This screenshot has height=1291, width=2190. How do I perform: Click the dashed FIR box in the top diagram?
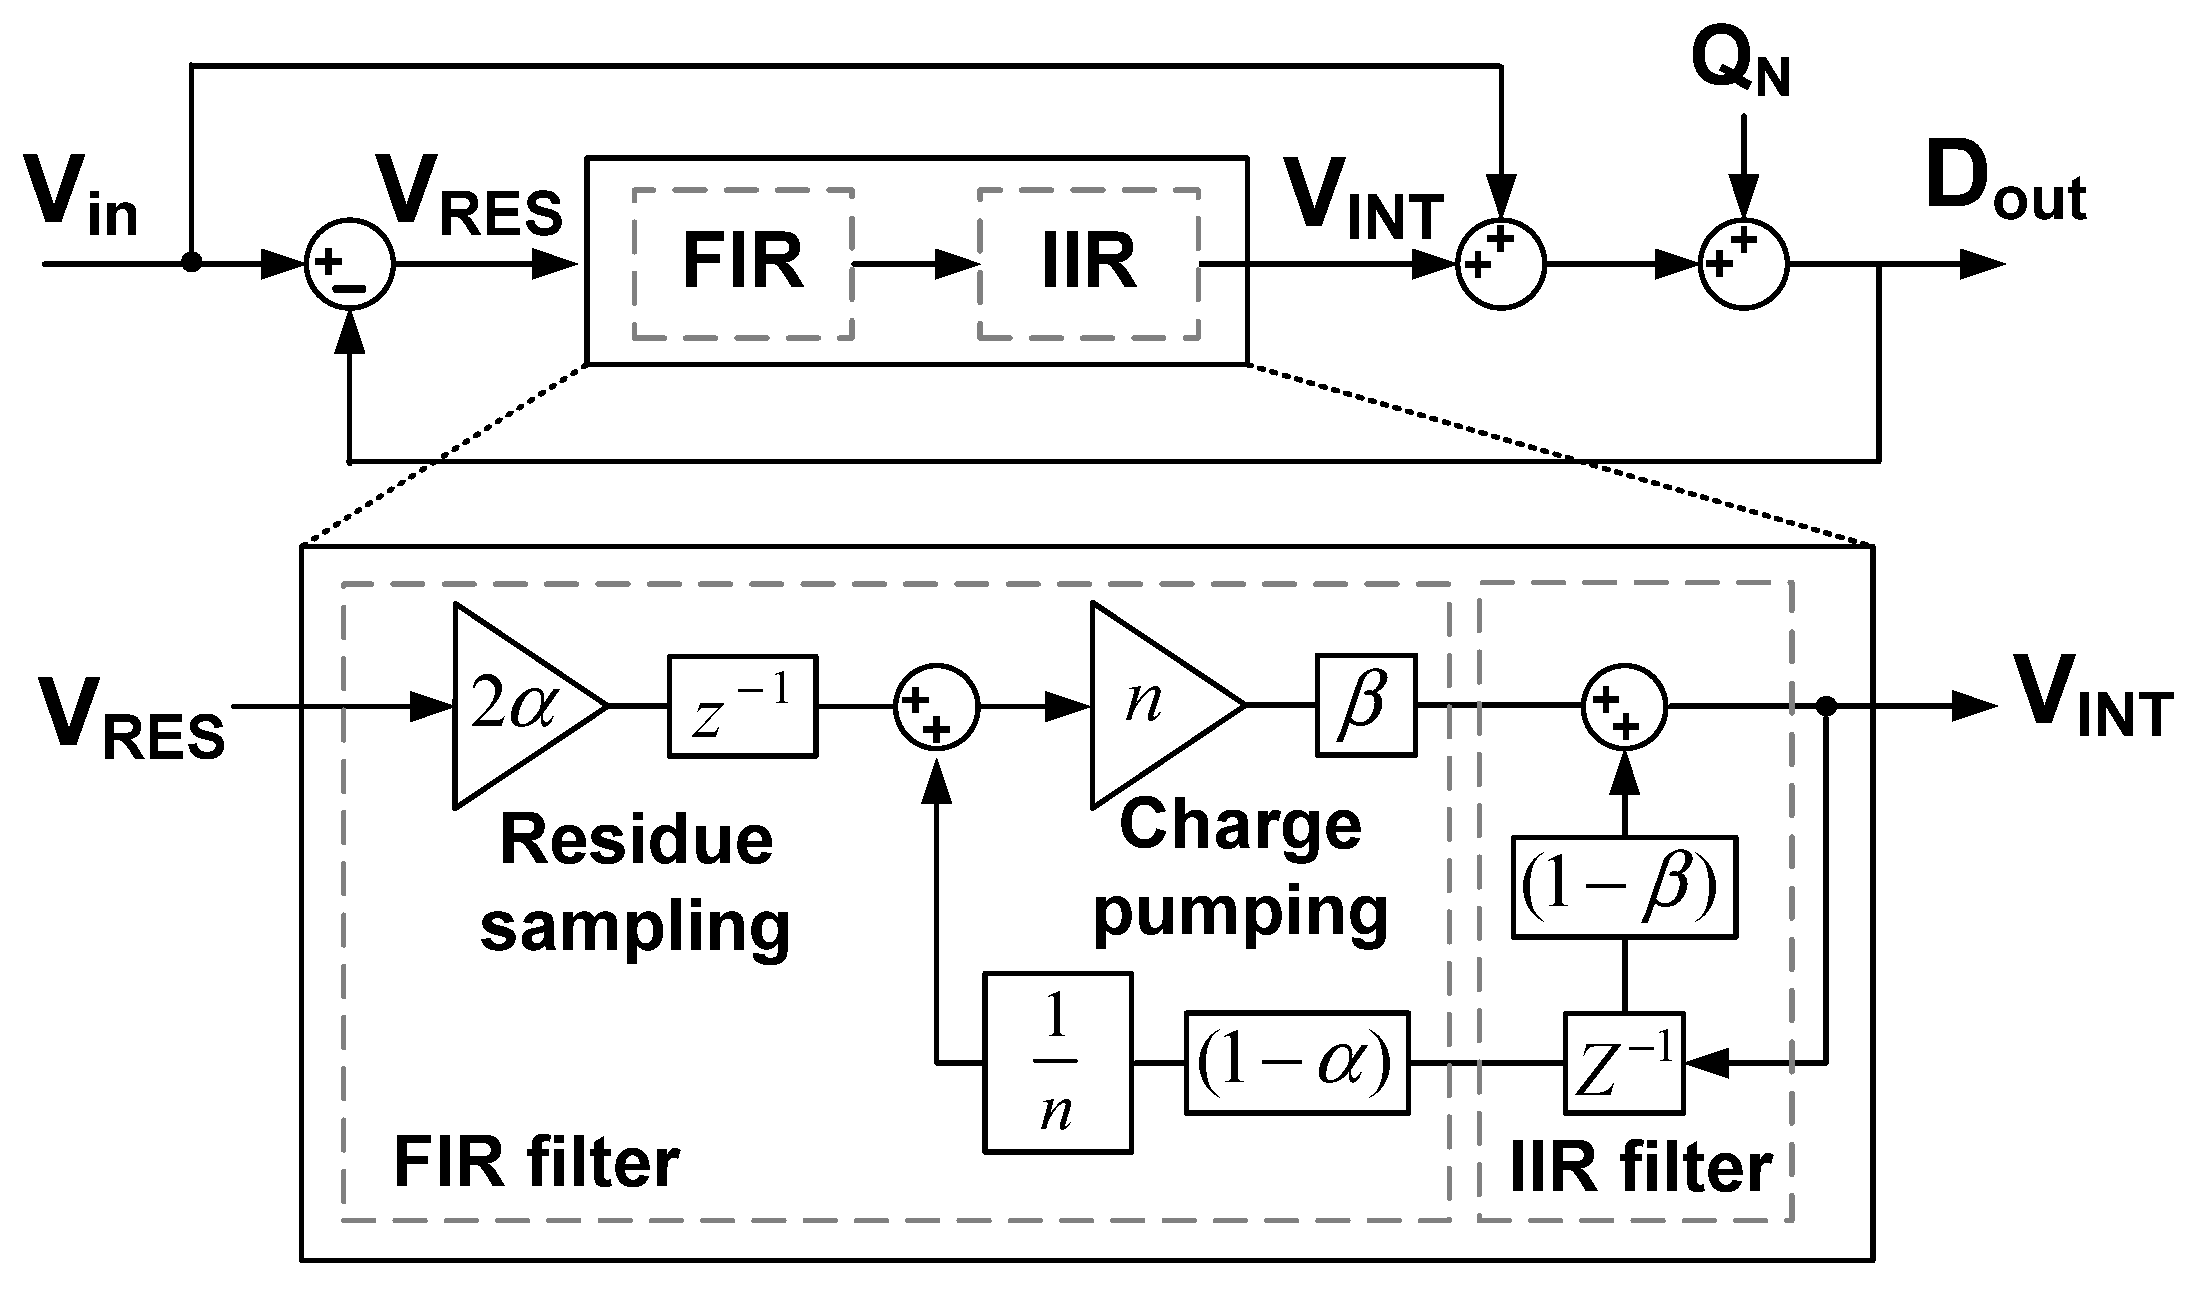(x=742, y=263)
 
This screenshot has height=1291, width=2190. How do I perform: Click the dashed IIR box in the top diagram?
(x=1088, y=263)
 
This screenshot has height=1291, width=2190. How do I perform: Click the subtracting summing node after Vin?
(x=350, y=265)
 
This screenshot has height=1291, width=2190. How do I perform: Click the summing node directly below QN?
(x=1743, y=265)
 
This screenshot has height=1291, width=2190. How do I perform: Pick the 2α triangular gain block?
(x=520, y=705)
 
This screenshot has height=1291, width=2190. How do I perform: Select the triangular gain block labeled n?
(x=1155, y=705)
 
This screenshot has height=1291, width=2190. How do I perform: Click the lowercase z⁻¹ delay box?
(x=742, y=705)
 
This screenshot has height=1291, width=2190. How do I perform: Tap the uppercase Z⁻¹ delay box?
(x=1623, y=1064)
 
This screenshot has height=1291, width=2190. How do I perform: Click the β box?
(x=1365, y=705)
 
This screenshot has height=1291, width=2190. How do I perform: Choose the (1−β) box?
(x=1623, y=887)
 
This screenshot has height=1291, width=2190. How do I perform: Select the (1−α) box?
(x=1297, y=1064)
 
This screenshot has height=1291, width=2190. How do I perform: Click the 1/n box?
(x=1057, y=1064)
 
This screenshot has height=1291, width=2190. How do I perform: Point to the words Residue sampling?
(x=636, y=882)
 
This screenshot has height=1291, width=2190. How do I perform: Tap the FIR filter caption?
(x=537, y=1163)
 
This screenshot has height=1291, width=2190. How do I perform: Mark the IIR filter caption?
(x=1640, y=1167)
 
